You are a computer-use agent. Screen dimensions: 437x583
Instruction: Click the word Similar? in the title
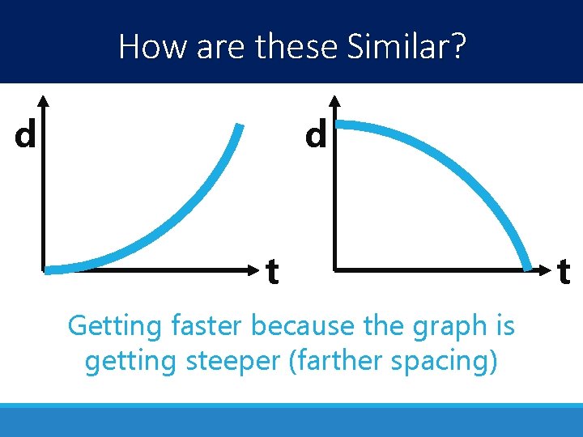(406, 46)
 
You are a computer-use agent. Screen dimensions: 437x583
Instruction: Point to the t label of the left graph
(273, 272)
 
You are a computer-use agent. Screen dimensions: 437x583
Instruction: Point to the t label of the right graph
(564, 272)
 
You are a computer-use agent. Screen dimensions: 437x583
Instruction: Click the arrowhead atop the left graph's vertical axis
(44, 100)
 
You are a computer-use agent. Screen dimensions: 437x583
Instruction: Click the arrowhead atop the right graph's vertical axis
(334, 100)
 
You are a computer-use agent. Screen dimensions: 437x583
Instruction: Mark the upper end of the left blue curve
(239, 126)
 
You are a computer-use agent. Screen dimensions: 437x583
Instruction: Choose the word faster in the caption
(208, 326)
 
